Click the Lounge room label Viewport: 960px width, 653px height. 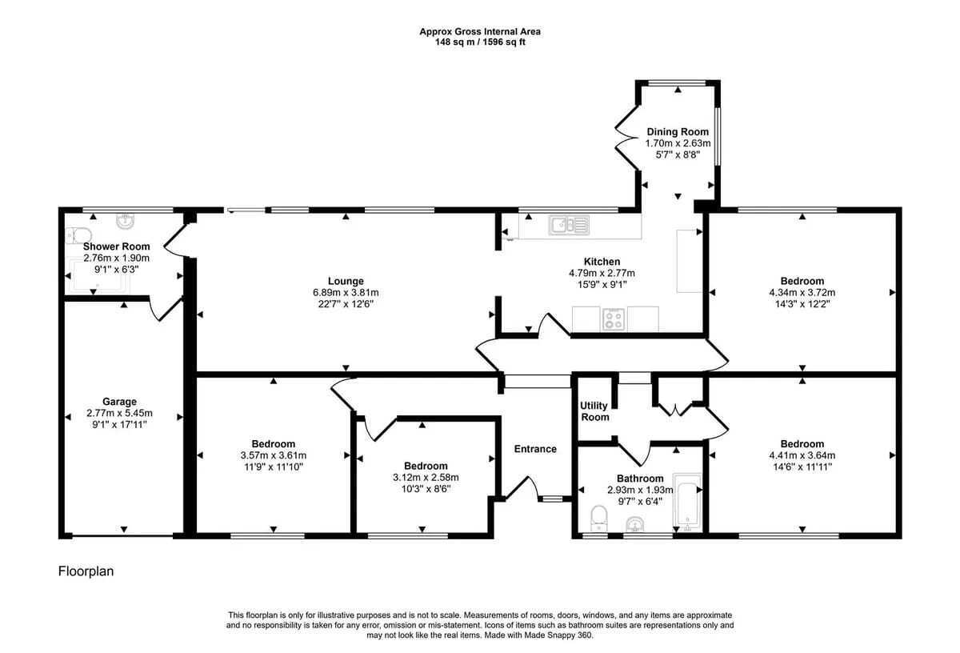click(346, 281)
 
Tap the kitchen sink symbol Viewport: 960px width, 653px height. click(569, 225)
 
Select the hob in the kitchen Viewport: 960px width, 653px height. click(614, 319)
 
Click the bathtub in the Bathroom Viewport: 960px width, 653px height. click(687, 503)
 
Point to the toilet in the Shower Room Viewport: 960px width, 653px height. click(78, 236)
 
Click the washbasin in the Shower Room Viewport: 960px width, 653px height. click(125, 221)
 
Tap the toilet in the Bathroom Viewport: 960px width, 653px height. click(598, 519)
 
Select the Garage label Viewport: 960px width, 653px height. click(119, 402)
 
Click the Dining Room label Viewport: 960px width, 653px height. click(678, 132)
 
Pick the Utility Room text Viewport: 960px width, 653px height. click(594, 411)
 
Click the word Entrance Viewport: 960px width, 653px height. click(535, 449)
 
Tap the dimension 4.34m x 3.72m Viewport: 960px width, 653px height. click(802, 293)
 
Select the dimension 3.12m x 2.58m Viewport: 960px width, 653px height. click(426, 477)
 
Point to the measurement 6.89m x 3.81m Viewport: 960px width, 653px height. click(346, 293)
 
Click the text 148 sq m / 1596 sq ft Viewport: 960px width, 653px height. click(480, 42)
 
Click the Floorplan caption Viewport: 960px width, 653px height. click(86, 571)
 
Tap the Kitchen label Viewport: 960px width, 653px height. click(602, 262)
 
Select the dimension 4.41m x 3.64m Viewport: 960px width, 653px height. click(802, 455)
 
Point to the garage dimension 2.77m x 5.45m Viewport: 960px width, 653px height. click(119, 413)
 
